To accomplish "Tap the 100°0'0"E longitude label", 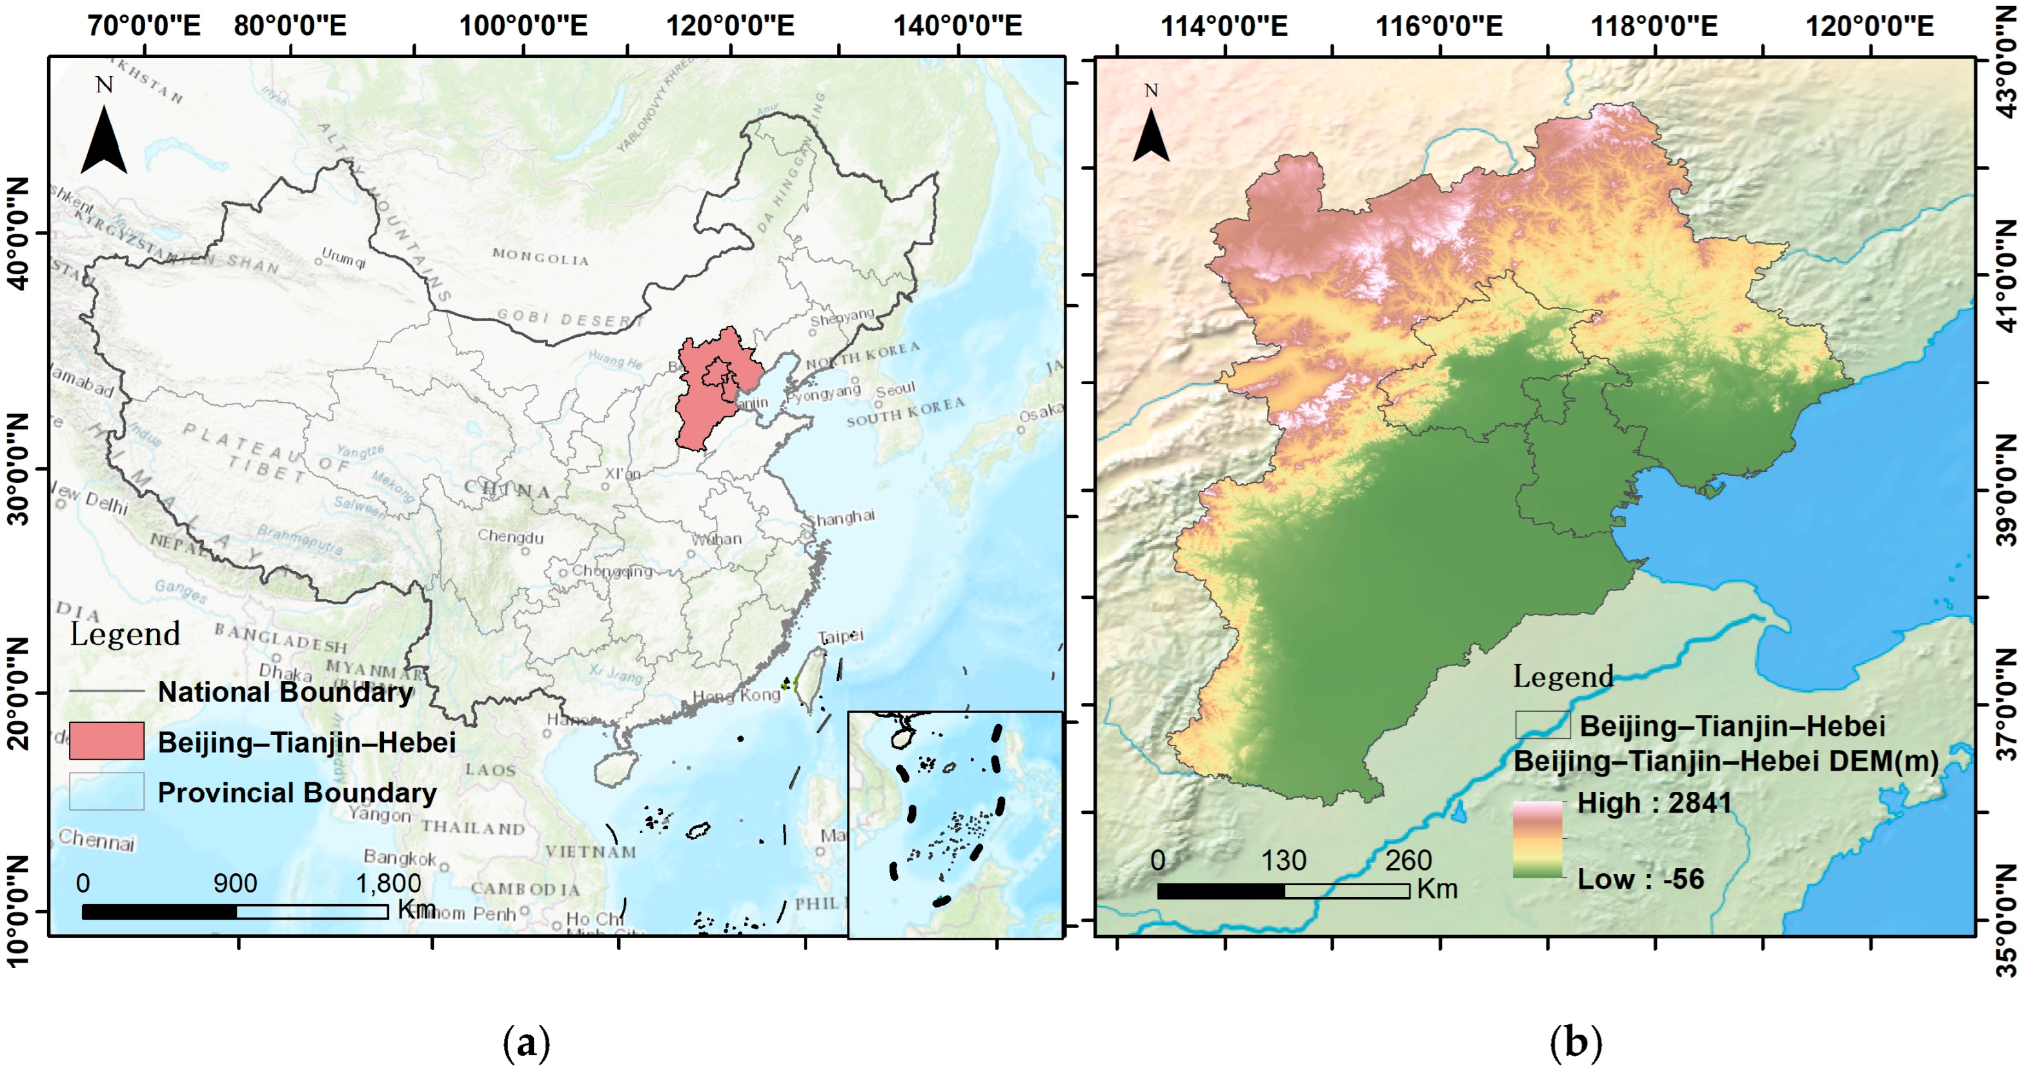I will pos(523,25).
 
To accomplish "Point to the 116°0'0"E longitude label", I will pos(1439,25).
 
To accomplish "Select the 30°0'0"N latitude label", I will pos(17,469).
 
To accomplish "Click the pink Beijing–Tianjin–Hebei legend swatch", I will pos(107,741).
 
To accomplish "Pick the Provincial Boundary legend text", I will pos(297,793).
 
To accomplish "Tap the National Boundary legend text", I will pos(285,692).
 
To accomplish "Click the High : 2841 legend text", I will pos(1654,804).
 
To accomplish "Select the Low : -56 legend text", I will pos(1640,879).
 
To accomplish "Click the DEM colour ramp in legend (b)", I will pos(1537,840).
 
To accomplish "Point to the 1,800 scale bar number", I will pos(388,883).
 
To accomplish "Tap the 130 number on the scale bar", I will pos(1283,860).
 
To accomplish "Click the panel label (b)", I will pos(1576,1042).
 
